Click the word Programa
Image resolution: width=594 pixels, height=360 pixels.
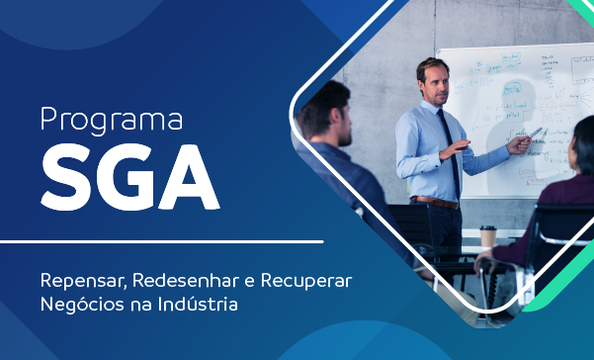[112, 120]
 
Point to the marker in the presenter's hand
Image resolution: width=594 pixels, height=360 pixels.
[535, 134]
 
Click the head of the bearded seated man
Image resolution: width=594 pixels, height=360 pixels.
[325, 111]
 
